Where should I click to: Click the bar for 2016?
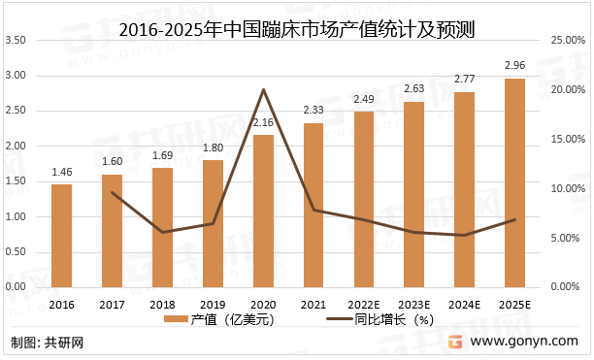pos(61,236)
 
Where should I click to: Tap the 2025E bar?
pos(514,182)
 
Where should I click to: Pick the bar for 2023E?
pos(413,194)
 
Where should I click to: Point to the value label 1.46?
pos(61,173)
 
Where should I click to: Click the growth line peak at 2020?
pos(263,89)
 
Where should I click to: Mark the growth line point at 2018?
pos(162,232)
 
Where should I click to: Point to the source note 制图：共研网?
pos(48,343)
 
